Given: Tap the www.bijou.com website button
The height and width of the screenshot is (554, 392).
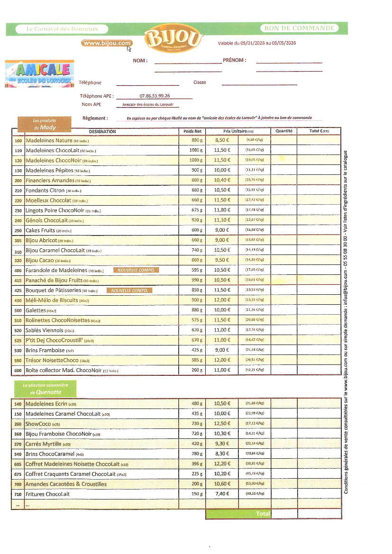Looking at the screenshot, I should (106, 43).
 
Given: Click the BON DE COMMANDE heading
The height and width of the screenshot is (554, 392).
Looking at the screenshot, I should (299, 28).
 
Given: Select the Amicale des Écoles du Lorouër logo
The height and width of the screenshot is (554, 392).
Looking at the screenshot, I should (40, 73).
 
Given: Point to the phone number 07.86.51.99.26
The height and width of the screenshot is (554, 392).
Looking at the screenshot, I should (155, 96).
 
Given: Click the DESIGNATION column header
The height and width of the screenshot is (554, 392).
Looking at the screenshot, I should (102, 131).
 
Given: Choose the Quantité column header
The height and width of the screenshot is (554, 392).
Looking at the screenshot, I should (283, 131).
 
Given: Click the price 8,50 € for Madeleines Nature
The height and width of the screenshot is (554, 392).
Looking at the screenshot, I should (222, 140).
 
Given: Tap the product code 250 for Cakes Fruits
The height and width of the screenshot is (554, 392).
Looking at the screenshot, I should (18, 231).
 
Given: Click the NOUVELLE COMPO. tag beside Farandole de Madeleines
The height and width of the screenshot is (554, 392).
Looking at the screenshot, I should (136, 270).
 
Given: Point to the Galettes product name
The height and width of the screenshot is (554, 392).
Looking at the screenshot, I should (36, 310).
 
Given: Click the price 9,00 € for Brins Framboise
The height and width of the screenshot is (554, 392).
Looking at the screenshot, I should (222, 350).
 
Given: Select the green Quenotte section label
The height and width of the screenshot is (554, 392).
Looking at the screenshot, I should (46, 389).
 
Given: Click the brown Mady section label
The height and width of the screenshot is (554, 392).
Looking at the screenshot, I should (45, 124).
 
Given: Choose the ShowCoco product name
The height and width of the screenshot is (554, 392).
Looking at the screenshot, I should (36, 424).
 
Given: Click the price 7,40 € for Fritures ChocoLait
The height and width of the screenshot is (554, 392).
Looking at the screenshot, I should (222, 494).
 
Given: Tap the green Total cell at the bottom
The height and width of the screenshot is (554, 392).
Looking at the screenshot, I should (238, 514).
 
